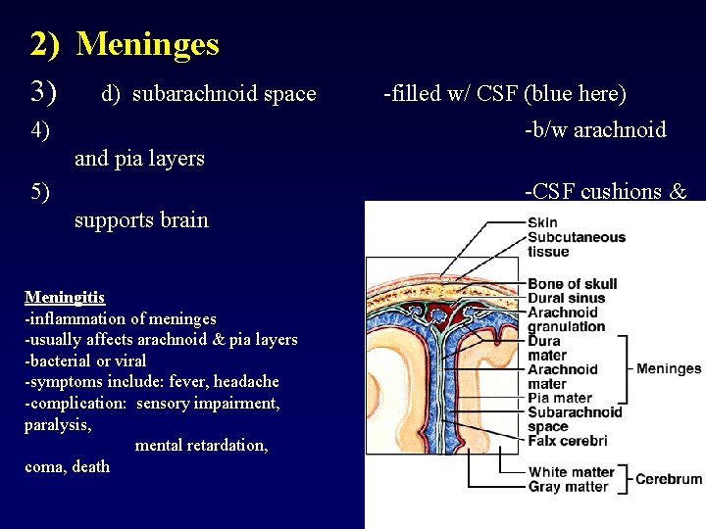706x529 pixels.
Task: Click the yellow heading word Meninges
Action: [147, 44]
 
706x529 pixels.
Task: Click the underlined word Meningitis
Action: [65, 297]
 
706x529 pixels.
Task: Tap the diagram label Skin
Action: [542, 222]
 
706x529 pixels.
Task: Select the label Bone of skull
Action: [573, 284]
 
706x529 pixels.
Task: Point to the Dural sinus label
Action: [567, 298]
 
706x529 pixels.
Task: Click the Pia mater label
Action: [560, 398]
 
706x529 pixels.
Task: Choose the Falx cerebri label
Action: [568, 441]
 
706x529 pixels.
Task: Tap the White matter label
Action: [572, 472]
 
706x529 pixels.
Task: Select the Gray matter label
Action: [568, 487]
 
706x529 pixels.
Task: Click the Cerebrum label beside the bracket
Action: [669, 479]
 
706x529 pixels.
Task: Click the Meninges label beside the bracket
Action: [669, 369]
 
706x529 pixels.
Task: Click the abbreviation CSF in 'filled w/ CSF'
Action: [497, 94]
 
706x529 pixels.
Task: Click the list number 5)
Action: [40, 191]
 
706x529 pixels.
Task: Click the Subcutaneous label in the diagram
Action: [577, 237]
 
